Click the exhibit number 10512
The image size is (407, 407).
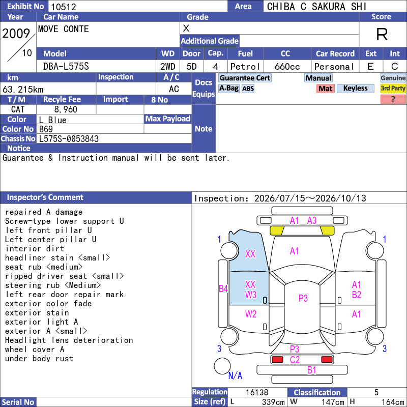pyautogui.click(x=64, y=7)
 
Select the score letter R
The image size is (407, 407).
pyautogui.click(x=382, y=34)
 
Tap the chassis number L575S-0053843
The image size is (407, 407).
pyautogui.click(x=69, y=139)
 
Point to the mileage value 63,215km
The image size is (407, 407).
pyautogui.click(x=23, y=90)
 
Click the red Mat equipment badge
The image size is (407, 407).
pyautogui.click(x=326, y=89)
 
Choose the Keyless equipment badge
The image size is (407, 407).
pyautogui.click(x=355, y=89)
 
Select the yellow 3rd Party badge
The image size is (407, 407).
pyautogui.click(x=393, y=89)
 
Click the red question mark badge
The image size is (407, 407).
pyautogui.click(x=393, y=99)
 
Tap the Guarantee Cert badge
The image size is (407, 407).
pyautogui.click(x=245, y=78)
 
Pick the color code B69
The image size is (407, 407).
pyautogui.click(x=46, y=129)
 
